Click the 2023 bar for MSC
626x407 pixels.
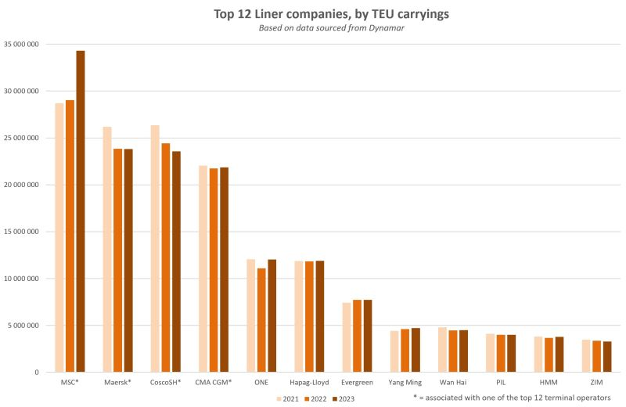click(81, 211)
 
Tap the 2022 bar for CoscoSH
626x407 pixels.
click(166, 258)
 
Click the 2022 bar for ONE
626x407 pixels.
click(261, 320)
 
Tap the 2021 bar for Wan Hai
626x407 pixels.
click(442, 349)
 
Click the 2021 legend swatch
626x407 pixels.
click(278, 398)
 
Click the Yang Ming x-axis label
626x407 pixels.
click(405, 384)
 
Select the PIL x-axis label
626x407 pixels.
click(501, 384)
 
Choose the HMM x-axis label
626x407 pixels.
click(549, 384)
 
